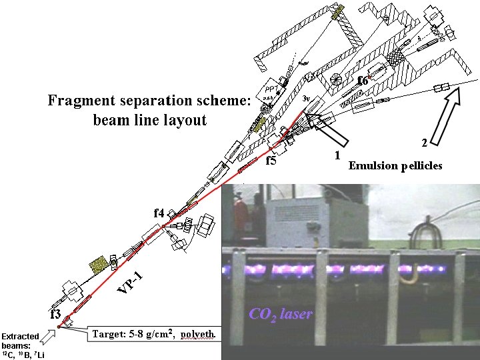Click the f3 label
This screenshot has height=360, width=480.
(x=55, y=313)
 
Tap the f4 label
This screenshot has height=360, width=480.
(x=159, y=213)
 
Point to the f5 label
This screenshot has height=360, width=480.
(x=271, y=161)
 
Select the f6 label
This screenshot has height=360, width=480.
(x=363, y=81)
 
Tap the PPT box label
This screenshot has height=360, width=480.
(x=271, y=87)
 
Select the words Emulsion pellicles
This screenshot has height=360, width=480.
(x=395, y=166)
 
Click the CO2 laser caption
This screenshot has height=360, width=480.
(x=280, y=314)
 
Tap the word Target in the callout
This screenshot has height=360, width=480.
(x=108, y=333)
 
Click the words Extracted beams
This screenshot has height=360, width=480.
(x=20, y=341)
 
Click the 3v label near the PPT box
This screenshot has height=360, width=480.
(x=306, y=98)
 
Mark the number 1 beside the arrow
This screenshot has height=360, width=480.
(x=337, y=155)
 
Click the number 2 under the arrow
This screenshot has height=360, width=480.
(x=424, y=143)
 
